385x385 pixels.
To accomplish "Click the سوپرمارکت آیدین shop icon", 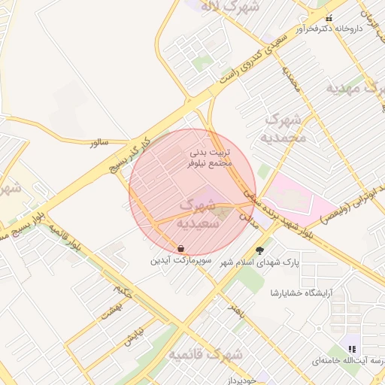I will point(181,248).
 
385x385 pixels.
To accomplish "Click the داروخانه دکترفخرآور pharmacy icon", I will point(327,19).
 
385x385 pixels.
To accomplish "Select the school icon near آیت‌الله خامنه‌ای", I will point(351,348).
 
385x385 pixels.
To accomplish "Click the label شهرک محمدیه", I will point(286,128).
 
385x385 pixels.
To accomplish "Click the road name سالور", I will point(99,141).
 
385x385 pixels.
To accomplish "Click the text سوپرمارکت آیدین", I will point(181,262).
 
